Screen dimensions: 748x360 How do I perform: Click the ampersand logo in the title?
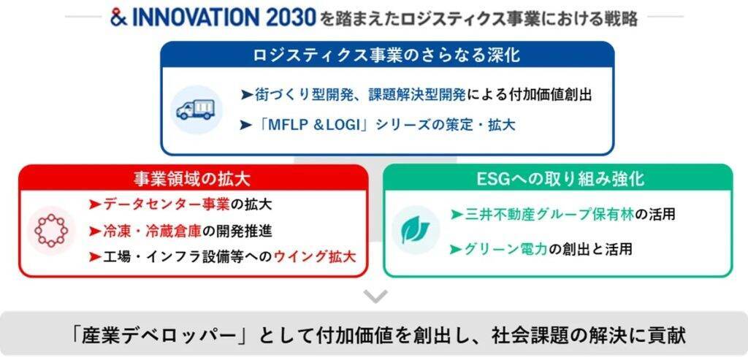pos(118,18)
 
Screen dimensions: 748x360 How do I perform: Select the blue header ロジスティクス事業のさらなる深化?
pos(387,55)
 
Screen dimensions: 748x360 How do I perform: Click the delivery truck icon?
pos(196,110)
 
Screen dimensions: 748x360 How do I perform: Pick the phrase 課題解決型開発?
pos(417,95)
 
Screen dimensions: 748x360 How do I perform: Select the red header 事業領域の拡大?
pos(193,179)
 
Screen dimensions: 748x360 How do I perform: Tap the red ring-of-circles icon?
pos(51,231)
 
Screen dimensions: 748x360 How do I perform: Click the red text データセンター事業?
pos(167,205)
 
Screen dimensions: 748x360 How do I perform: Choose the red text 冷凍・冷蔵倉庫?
pos(152,231)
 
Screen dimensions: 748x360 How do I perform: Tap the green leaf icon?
pos(415,230)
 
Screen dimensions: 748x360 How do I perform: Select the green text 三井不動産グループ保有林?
pos(549,215)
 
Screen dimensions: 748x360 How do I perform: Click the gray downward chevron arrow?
pos(375,296)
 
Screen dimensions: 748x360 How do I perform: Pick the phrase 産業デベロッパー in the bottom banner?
pos(159,336)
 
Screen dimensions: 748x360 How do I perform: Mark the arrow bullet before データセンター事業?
pos(94,205)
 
